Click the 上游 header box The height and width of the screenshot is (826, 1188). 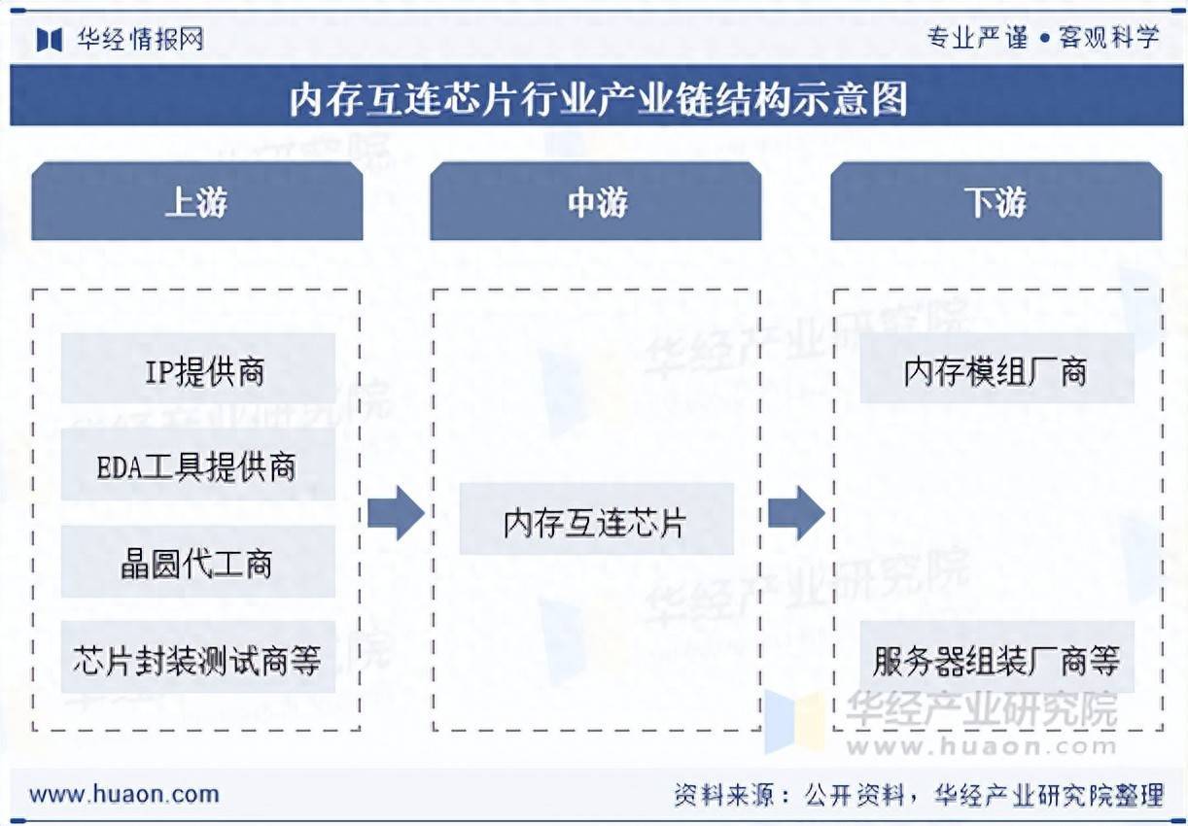point(196,202)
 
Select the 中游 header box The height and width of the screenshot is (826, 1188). point(596,202)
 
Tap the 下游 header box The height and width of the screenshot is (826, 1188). point(996,202)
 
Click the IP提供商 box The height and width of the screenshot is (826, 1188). point(198,369)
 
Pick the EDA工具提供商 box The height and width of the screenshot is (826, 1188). point(198,465)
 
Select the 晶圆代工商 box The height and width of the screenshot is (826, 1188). point(198,562)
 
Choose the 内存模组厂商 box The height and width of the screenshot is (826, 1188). point(996,369)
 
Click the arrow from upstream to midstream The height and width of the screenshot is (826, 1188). point(396,512)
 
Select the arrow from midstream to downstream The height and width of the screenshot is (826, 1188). point(796,512)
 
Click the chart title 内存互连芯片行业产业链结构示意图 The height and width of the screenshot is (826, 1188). point(597,99)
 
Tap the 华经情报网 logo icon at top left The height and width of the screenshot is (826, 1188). point(50,39)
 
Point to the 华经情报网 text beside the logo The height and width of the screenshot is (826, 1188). point(140,39)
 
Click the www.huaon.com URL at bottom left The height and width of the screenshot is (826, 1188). point(124,793)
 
